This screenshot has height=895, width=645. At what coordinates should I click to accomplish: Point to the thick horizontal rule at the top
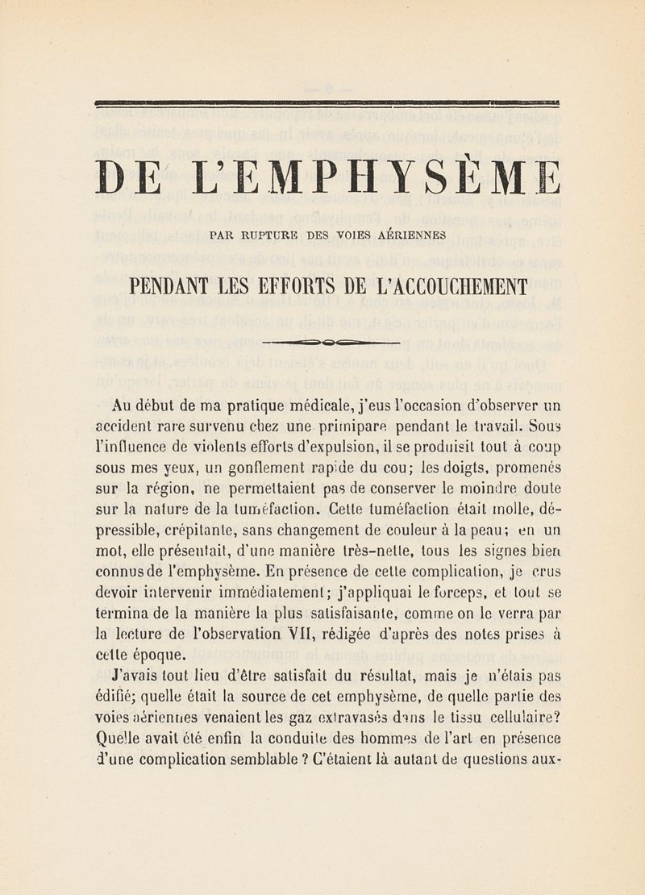[x=327, y=102]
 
